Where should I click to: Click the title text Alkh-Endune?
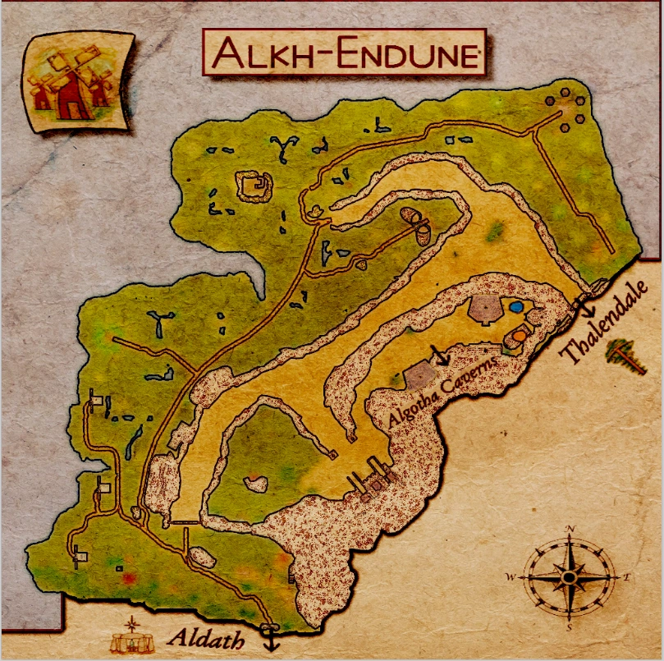344,54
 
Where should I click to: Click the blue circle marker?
516,306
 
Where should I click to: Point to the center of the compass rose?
569,577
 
